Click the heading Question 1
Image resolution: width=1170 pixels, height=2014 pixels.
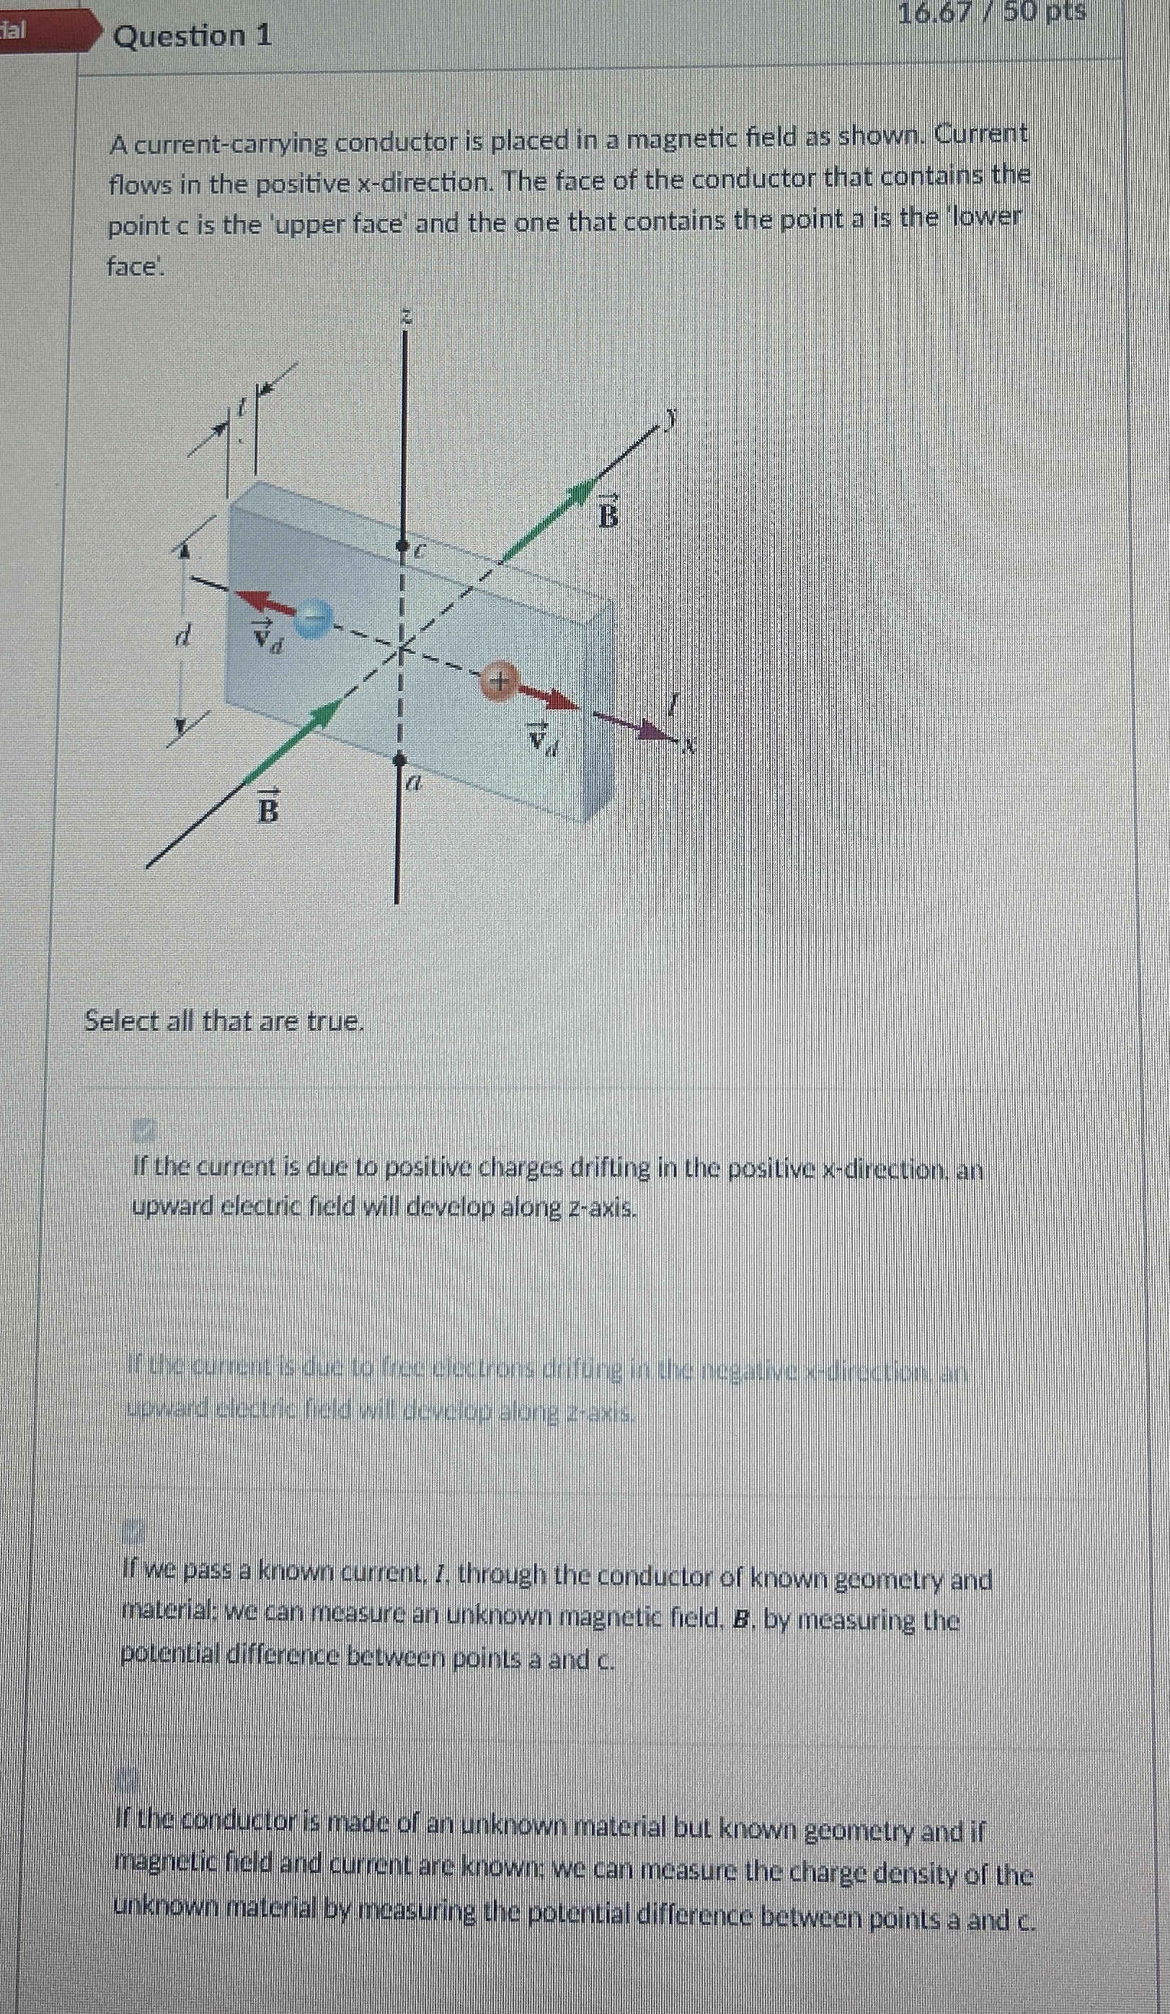click(x=192, y=36)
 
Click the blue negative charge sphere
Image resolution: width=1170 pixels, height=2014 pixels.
click(x=312, y=618)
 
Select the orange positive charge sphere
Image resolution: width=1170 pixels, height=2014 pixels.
click(x=499, y=682)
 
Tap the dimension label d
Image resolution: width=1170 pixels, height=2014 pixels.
click(x=184, y=636)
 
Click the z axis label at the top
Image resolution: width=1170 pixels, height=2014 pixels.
click(x=406, y=317)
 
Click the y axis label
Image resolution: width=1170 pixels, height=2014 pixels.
click(x=673, y=416)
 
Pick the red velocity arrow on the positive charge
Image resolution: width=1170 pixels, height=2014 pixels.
click(x=551, y=698)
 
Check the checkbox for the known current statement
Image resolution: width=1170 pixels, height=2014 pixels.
click(x=133, y=1531)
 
